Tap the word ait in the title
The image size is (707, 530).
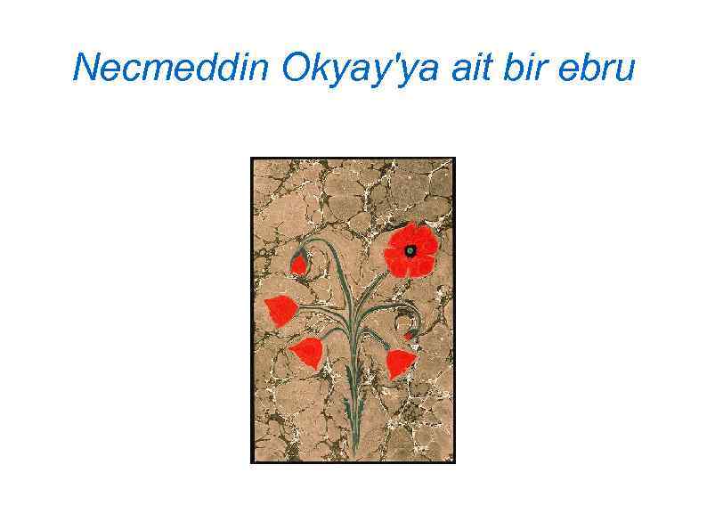click(x=471, y=67)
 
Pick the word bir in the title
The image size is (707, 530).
click(x=527, y=67)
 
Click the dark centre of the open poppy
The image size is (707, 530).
click(x=410, y=250)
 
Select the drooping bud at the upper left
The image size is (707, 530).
click(x=299, y=264)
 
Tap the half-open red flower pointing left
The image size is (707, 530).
click(x=281, y=310)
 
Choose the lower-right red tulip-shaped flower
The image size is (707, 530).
click(x=400, y=361)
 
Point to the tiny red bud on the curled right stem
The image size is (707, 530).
click(x=409, y=336)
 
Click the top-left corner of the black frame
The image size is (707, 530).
click(x=252, y=159)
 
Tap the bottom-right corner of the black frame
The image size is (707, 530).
click(x=454, y=462)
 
